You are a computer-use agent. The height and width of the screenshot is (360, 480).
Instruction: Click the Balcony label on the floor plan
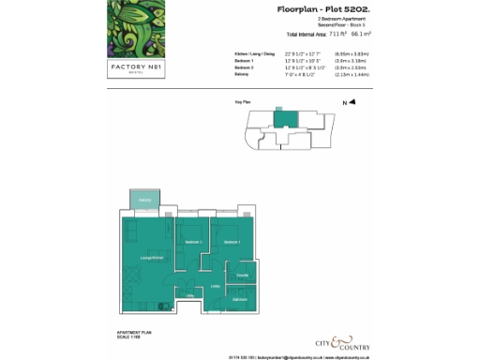click(x=145, y=201)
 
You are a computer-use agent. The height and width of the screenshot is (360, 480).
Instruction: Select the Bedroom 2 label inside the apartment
click(x=194, y=242)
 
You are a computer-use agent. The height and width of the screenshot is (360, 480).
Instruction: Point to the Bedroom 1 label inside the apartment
click(x=232, y=242)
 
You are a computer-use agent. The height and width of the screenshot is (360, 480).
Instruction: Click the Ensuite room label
click(x=242, y=275)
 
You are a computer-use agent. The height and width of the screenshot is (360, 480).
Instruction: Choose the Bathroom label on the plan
click(x=240, y=299)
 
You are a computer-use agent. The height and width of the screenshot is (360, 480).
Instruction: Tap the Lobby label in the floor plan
click(x=215, y=285)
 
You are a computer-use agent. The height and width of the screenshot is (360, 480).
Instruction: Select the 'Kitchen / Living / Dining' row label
click(x=254, y=54)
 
